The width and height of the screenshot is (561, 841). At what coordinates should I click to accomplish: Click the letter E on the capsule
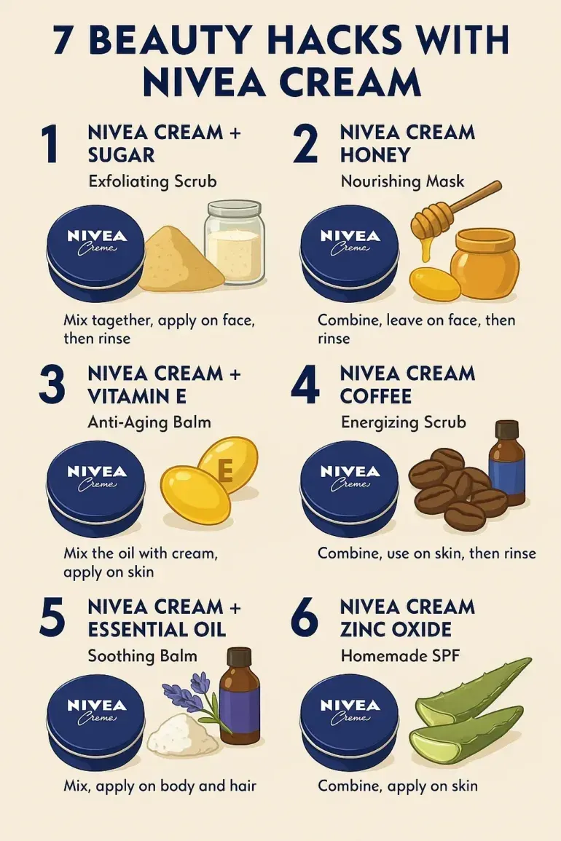click(x=226, y=471)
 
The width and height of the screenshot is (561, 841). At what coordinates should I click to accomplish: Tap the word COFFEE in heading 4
click(x=376, y=396)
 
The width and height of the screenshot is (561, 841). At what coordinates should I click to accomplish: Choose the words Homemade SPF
click(x=401, y=656)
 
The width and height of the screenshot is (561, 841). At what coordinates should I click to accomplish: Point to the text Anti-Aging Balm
click(x=149, y=422)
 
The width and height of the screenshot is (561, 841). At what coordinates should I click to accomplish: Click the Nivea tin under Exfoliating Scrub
click(x=95, y=253)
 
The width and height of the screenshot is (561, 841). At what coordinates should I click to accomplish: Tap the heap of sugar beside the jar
click(x=180, y=259)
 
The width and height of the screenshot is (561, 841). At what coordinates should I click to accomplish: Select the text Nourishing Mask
click(x=403, y=181)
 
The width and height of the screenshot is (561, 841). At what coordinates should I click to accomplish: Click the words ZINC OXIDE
click(x=396, y=630)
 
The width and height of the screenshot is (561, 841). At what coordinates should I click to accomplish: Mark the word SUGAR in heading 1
click(x=122, y=156)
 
